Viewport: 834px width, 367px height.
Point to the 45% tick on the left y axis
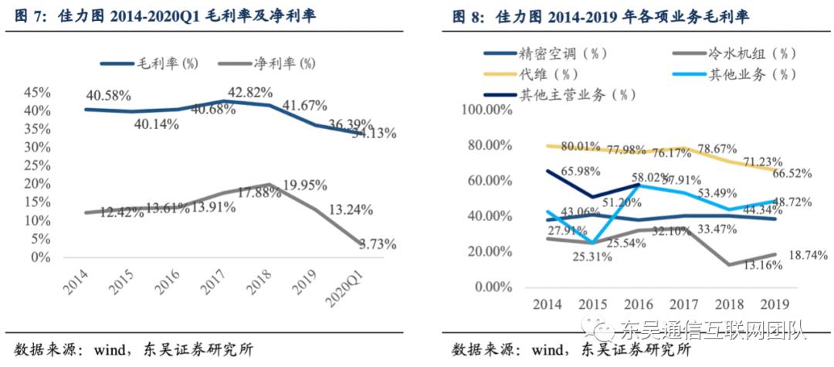(x=38, y=92)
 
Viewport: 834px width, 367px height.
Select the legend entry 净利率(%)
(x=284, y=63)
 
